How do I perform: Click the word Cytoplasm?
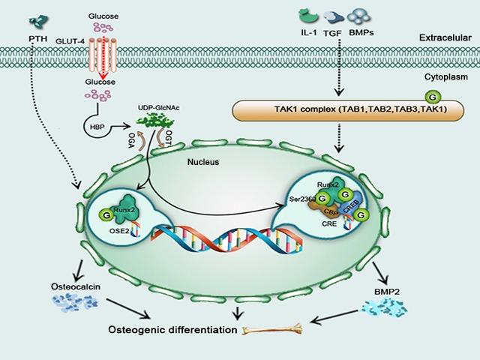pos(447,76)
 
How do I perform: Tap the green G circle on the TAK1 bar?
pos(433,96)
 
